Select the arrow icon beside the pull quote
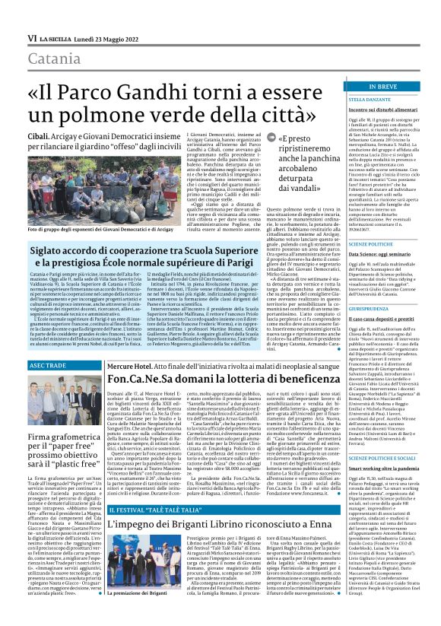(252, 137)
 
